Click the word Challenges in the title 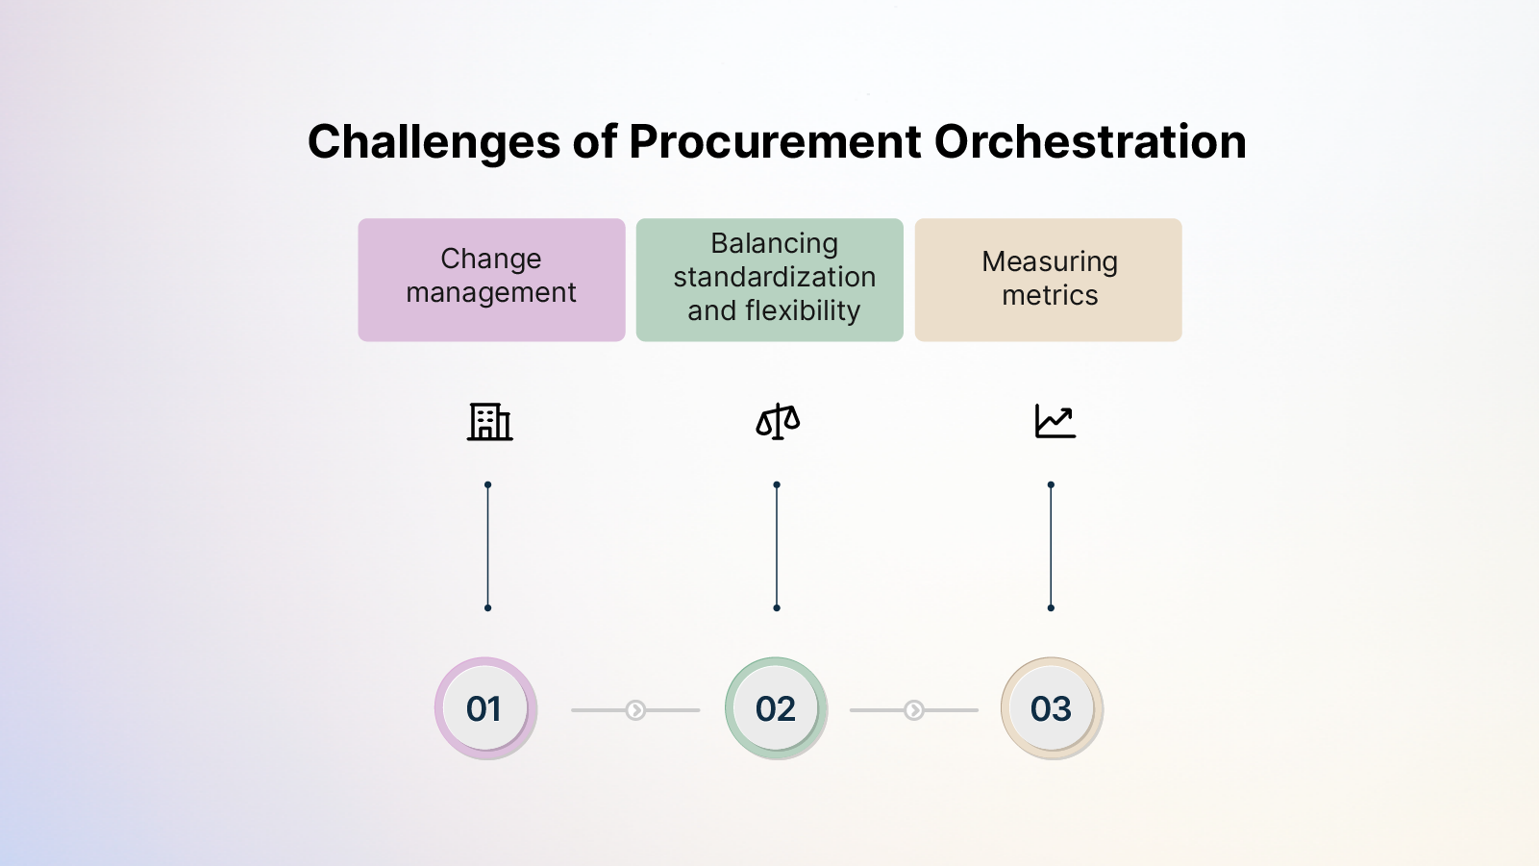tap(434, 142)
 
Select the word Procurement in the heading tap(775, 142)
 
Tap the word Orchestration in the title tap(1090, 142)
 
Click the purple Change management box tap(491, 280)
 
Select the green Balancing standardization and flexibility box tap(769, 280)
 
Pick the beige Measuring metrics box tap(1048, 280)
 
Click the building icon tap(489, 421)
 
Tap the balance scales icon tap(778, 421)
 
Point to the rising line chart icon tap(1055, 421)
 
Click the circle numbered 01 tap(484, 709)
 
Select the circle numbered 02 tap(776, 709)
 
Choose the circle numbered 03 tap(1051, 709)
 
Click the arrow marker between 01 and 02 tap(635, 710)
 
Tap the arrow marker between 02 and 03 tap(914, 710)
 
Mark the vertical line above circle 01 tap(487, 546)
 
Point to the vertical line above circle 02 tap(777, 546)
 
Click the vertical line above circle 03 tap(1051, 546)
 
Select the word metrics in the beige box tap(1050, 296)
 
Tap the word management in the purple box tap(491, 293)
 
